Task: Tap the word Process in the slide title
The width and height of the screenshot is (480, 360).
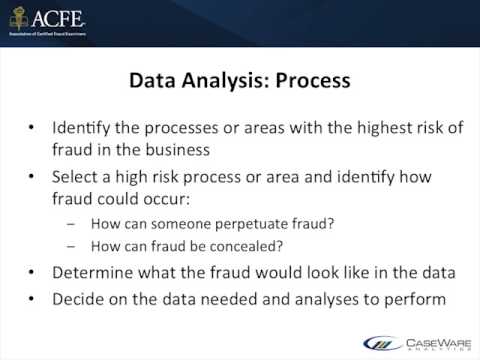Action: coord(310,81)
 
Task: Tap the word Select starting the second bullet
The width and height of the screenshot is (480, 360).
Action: coord(85,178)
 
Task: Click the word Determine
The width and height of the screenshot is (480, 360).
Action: coord(98,273)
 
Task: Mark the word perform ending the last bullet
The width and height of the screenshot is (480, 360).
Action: coord(410,297)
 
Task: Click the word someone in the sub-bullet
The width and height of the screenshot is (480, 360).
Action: coord(171,225)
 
